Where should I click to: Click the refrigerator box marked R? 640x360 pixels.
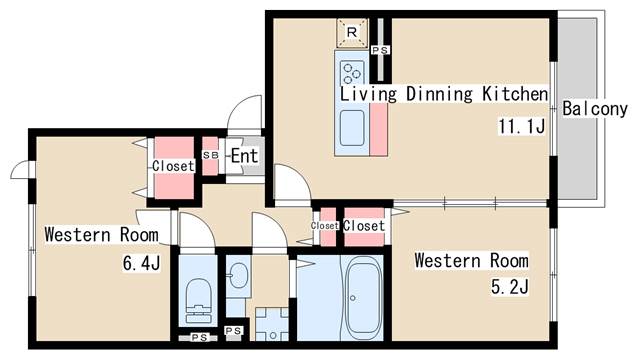click(x=352, y=33)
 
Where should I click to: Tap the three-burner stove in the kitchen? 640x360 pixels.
click(x=352, y=72)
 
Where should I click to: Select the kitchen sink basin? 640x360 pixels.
click(x=352, y=128)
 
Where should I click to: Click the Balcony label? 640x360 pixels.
click(x=595, y=109)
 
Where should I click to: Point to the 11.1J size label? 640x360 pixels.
click(x=521, y=126)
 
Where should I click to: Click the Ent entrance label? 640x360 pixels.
click(x=244, y=156)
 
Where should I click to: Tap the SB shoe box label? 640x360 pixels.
click(x=211, y=155)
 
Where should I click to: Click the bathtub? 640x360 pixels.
click(x=363, y=297)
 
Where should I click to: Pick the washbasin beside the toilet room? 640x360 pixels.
click(x=238, y=275)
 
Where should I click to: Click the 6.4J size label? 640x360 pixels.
click(x=141, y=263)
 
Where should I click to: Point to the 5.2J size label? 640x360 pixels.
click(x=509, y=287)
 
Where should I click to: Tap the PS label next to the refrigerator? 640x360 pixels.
click(x=380, y=50)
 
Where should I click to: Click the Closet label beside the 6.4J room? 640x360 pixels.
click(x=173, y=166)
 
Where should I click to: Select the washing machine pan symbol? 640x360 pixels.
click(x=272, y=324)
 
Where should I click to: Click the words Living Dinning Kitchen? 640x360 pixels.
click(x=444, y=94)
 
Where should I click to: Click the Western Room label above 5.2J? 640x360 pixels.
click(x=471, y=260)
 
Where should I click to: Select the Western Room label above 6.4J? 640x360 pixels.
click(x=101, y=235)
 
